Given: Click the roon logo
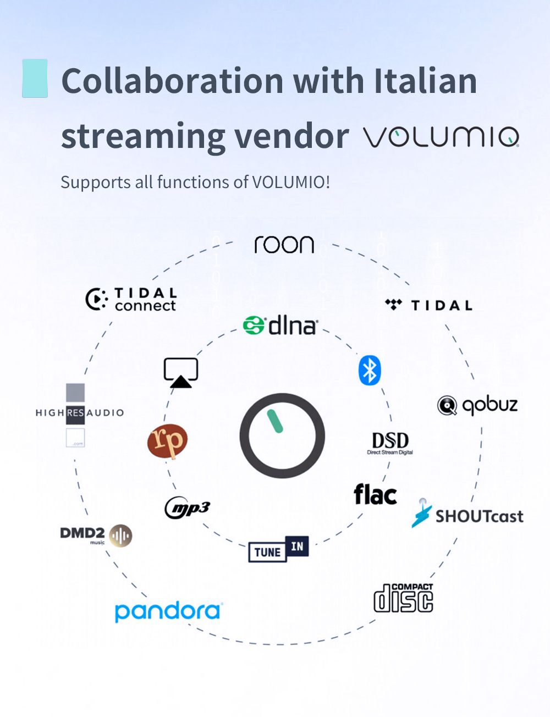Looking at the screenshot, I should [284, 245].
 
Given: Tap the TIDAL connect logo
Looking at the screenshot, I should [131, 300].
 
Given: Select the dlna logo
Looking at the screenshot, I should [280, 326].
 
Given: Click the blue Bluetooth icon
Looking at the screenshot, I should [370, 370].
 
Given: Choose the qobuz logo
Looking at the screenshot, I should [477, 405].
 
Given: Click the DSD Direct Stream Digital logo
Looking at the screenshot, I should [390, 443].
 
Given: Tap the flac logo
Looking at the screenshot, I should [375, 495].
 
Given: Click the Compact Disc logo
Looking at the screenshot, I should [403, 598].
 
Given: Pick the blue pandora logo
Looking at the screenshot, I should [168, 611].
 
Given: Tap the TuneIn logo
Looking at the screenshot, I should [278, 549].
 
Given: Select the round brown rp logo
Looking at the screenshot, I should [167, 441].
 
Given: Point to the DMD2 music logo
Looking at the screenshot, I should [96, 535].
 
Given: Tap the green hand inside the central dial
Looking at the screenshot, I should [274, 421].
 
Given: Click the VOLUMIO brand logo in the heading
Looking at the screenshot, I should [441, 136].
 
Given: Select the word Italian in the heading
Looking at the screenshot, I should [425, 81].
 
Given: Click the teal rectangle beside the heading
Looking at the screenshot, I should [35, 78].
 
